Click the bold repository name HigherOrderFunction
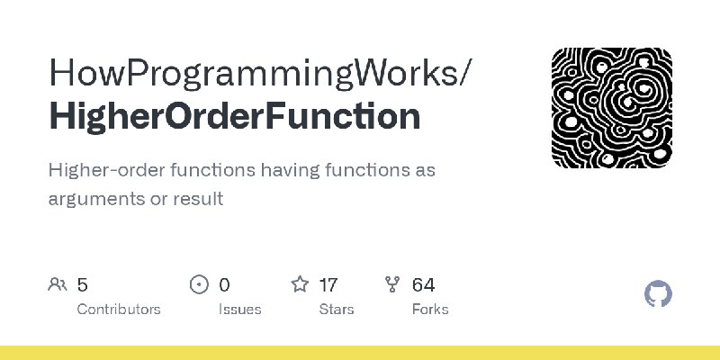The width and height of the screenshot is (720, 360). pos(235,116)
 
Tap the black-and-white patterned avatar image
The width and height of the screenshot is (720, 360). pos(612,107)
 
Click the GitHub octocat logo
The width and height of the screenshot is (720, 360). pos(658,293)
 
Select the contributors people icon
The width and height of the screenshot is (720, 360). pos(58,284)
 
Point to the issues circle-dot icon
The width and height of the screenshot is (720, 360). pos(199,284)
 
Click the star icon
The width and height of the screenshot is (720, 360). pos(300,284)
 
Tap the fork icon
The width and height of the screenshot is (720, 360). pos(392,284)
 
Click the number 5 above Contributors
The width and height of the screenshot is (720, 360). pos(82,285)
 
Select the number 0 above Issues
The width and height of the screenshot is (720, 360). pos(224,285)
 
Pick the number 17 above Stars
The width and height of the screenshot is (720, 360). pos(328,285)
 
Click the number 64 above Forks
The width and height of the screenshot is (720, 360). pos(423,285)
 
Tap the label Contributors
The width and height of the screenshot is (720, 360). pos(119,309)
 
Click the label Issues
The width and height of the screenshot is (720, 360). pos(239,309)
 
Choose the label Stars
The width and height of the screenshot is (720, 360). pos(337,309)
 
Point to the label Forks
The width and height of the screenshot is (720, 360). pos(430,309)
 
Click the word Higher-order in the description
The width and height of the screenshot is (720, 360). pos(106,170)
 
